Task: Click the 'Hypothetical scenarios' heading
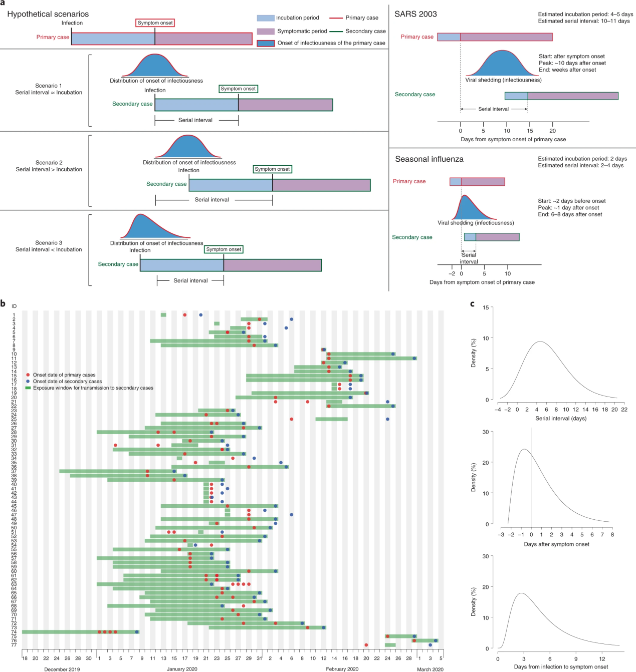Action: tap(48, 14)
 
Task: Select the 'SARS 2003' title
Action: tap(415, 14)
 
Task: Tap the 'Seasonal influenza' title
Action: tap(429, 159)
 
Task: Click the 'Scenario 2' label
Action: tap(49, 163)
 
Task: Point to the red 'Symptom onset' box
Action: tap(155, 23)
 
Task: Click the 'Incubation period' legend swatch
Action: tap(266, 18)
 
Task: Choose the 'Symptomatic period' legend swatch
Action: tap(266, 31)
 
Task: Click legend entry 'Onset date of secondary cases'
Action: tap(67, 382)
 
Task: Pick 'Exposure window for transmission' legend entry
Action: tap(93, 388)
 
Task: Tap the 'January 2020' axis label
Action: tap(182, 669)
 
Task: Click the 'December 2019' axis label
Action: tap(62, 669)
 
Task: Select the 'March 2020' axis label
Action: tap(430, 669)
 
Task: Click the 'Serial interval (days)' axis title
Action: tap(560, 419)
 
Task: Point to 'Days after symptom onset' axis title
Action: tap(556, 544)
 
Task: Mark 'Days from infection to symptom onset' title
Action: tap(561, 667)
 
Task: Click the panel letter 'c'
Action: tap(472, 303)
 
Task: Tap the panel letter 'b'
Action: tap(3, 303)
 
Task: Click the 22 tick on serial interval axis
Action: tap(624, 410)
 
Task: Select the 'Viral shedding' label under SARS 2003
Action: tap(503, 80)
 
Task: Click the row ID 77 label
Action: tap(14, 645)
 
